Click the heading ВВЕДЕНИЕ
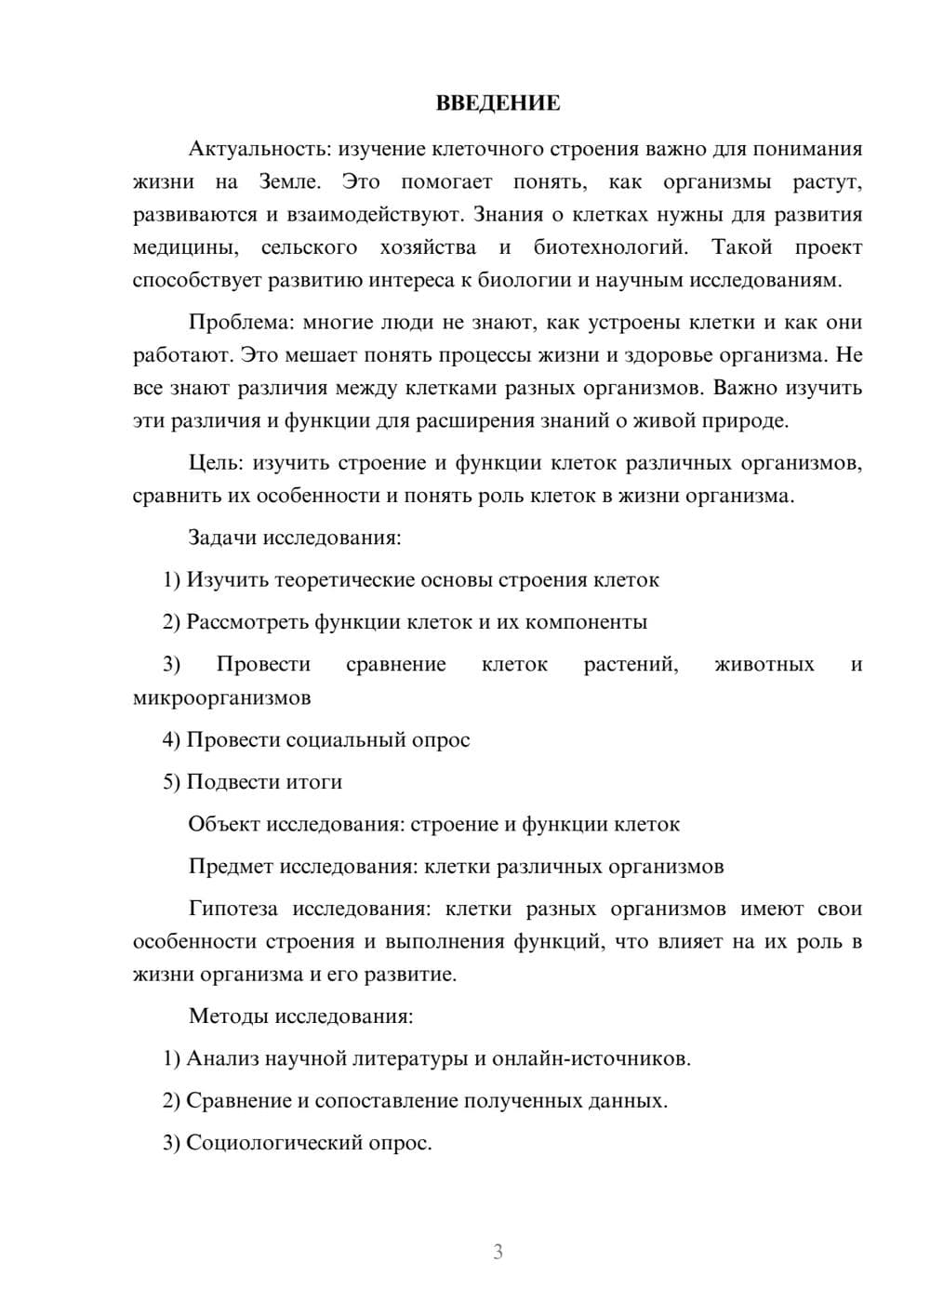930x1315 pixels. pos(498,103)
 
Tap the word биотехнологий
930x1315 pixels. pos(610,247)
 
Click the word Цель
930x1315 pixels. pos(214,463)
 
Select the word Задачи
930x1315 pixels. pos(222,538)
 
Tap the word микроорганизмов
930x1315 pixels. pos(221,697)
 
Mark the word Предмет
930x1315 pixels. pos(232,867)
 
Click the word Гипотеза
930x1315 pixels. pos(235,909)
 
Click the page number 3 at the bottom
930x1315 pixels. pos(498,1252)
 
